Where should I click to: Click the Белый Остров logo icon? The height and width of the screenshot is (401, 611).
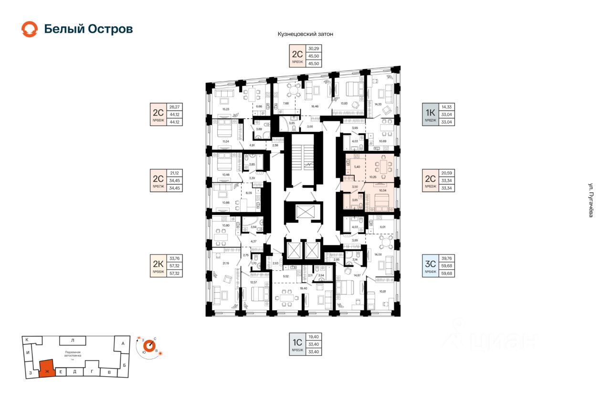[29, 29]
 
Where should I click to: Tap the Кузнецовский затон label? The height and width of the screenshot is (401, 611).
[305, 34]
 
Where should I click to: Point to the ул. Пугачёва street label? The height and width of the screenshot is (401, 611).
[590, 201]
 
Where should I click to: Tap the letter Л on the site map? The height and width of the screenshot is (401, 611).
[72, 340]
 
